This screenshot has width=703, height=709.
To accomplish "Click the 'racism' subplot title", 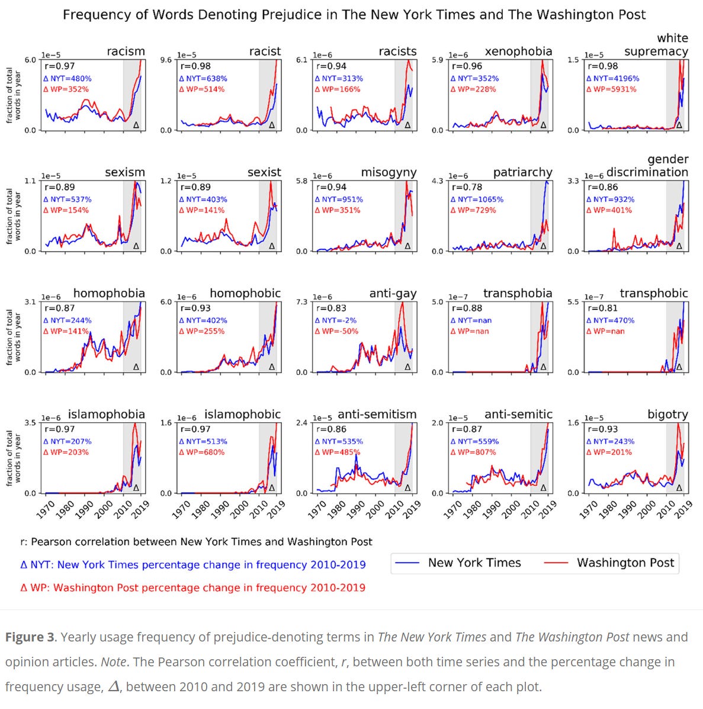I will pyautogui.click(x=126, y=52).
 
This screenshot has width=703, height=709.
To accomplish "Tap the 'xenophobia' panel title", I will pyautogui.click(x=518, y=52).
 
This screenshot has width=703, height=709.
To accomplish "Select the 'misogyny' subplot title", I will pyautogui.click(x=389, y=172).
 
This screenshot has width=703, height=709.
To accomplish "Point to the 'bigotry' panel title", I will pyautogui.click(x=667, y=414).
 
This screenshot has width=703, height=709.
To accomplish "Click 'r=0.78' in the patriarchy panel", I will pyautogui.click(x=467, y=187).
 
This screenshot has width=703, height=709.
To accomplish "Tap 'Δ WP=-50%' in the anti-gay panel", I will pyautogui.click(x=336, y=331).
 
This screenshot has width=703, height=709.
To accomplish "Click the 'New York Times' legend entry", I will pyautogui.click(x=474, y=563).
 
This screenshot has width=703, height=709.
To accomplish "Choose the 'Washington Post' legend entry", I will pyautogui.click(x=625, y=563).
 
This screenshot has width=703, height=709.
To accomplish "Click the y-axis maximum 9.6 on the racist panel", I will pyautogui.click(x=166, y=60).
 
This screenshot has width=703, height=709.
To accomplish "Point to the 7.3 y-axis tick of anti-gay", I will pyautogui.click(x=302, y=302).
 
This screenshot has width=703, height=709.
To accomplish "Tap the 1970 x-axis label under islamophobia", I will pyautogui.click(x=46, y=509).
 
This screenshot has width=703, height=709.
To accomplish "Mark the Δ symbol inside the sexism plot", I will pyautogui.click(x=136, y=246).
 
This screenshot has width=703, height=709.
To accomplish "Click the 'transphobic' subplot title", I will pyautogui.click(x=653, y=293).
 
